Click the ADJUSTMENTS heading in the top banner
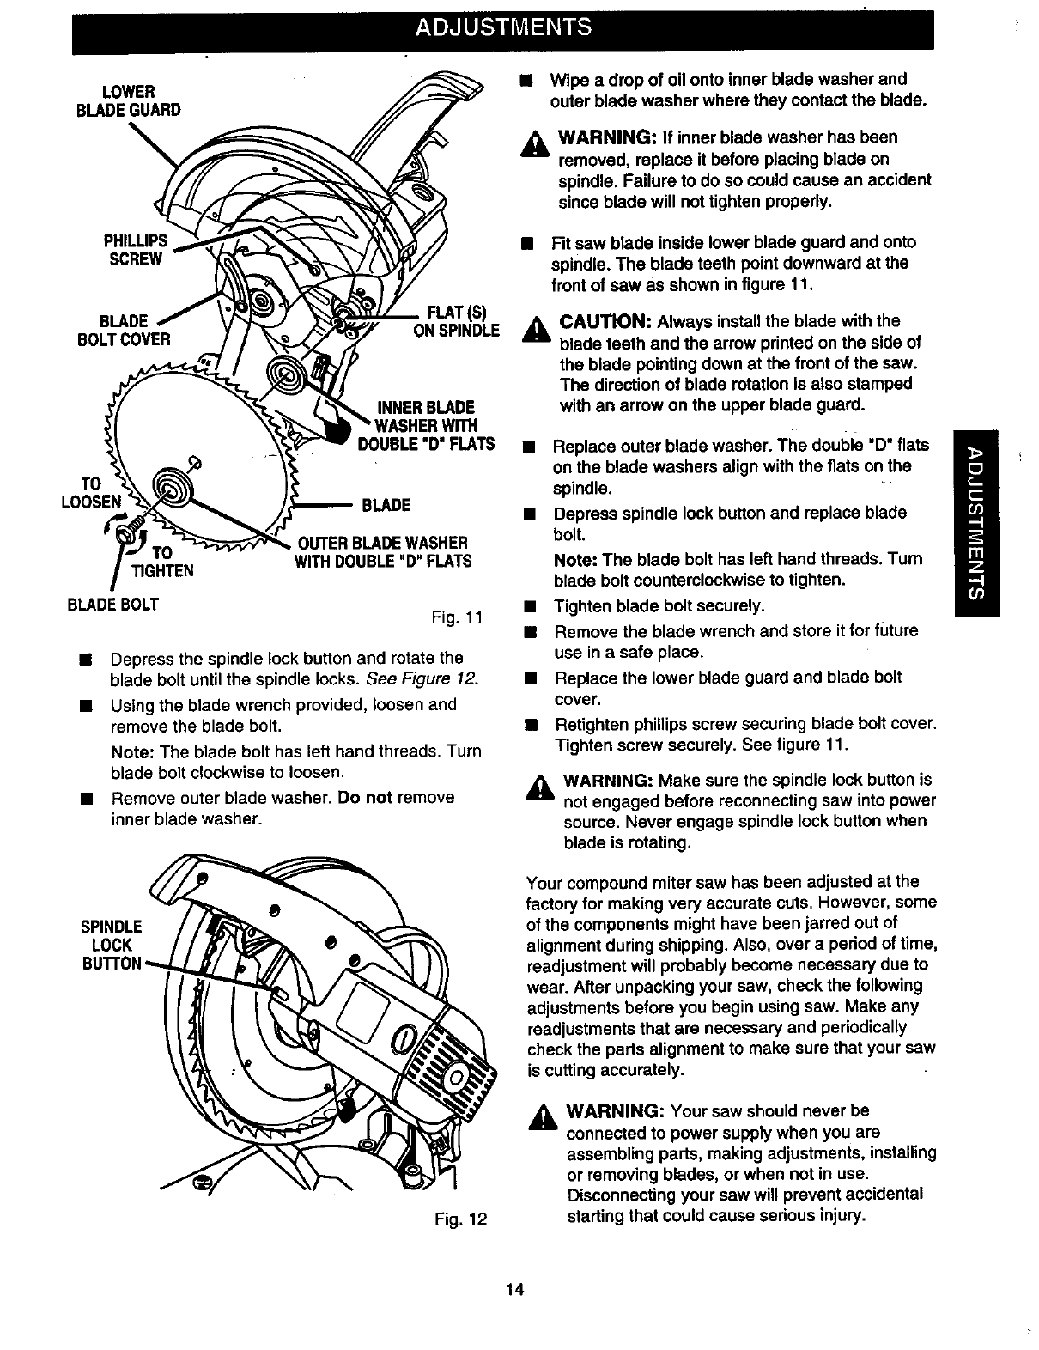tap(502, 27)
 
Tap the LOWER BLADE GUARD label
tap(129, 100)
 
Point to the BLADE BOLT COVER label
tap(125, 330)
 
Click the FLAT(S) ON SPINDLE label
tap(456, 321)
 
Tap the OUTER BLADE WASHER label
tap(383, 552)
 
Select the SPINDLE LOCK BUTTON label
tap(111, 946)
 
